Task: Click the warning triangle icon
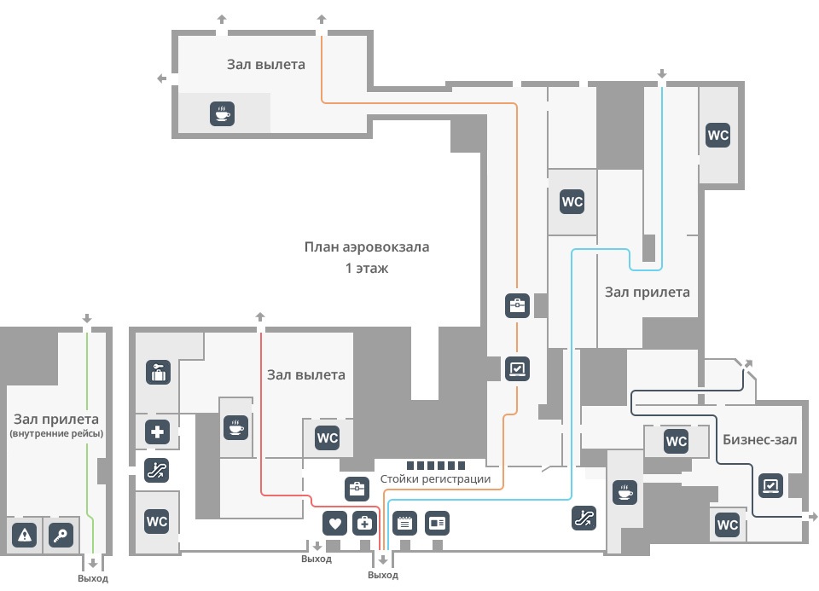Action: pos(25,535)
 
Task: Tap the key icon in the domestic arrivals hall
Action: pos(61,535)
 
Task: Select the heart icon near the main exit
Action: pos(334,523)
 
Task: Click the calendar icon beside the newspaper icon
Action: pos(404,523)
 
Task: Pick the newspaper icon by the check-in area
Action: pos(437,523)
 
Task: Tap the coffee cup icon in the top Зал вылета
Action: pos(222,113)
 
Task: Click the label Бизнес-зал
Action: pos(759,439)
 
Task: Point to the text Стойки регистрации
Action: pos(435,478)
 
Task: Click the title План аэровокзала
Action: pos(367,247)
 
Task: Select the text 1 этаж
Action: pos(367,269)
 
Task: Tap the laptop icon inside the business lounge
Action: pos(770,485)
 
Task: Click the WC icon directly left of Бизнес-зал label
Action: pos(676,441)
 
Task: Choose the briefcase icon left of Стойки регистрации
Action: pos(357,489)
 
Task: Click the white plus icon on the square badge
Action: pos(157,432)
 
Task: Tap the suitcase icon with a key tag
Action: pos(159,373)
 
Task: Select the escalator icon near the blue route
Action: pos(584,518)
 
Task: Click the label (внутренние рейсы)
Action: pos(56,433)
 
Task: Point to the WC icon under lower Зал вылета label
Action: pos(328,438)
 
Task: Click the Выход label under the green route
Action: pos(93,578)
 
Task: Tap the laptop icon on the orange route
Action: pos(517,368)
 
